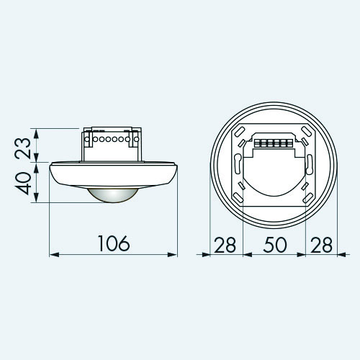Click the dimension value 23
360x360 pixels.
click(23, 148)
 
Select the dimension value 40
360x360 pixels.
click(23, 183)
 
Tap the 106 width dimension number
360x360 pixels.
click(114, 243)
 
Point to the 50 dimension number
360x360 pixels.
click(275, 245)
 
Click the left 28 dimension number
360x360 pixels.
click(225, 245)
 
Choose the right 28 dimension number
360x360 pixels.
click(321, 245)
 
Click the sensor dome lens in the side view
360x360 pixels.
click(113, 194)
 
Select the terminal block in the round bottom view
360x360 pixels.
click(274, 143)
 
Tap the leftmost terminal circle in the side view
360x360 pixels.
click(87, 139)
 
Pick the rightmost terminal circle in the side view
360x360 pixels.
click(136, 139)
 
